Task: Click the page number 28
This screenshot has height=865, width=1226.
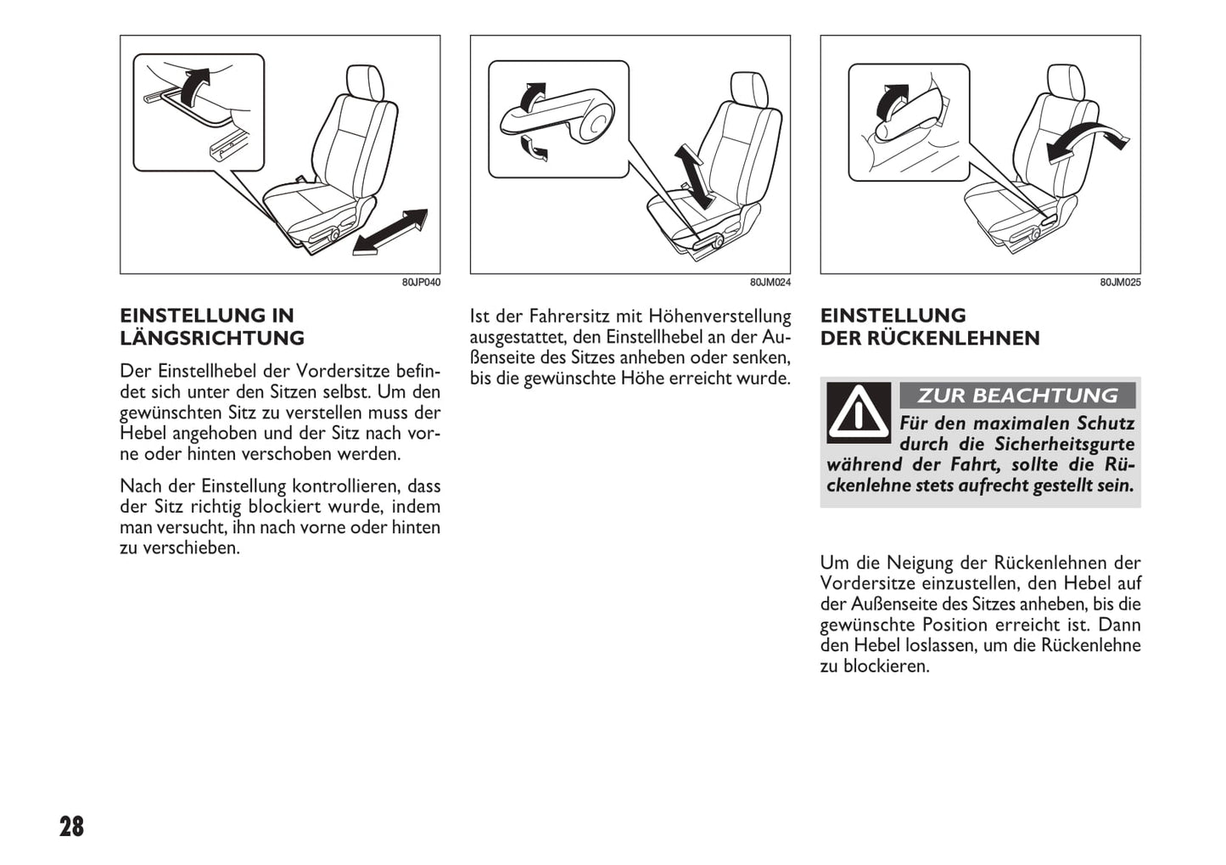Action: pyautogui.click(x=71, y=826)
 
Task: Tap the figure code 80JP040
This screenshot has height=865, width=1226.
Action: pyautogui.click(x=421, y=282)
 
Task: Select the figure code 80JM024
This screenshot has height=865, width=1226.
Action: pyautogui.click(x=770, y=282)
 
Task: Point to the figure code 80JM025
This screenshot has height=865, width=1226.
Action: pyautogui.click(x=1120, y=282)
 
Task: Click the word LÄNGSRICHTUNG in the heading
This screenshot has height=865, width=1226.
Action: pyautogui.click(x=212, y=338)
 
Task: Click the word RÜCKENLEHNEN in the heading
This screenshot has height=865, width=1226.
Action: pyautogui.click(x=954, y=338)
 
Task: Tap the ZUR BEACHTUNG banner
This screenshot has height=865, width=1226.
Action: pyautogui.click(x=1016, y=396)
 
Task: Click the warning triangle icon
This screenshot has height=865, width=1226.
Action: pyautogui.click(x=859, y=413)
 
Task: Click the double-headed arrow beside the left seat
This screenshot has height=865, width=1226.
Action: pyautogui.click(x=390, y=232)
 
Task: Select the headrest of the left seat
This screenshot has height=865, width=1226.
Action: pyautogui.click(x=366, y=82)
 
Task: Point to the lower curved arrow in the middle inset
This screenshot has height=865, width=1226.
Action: pyautogui.click(x=534, y=150)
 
